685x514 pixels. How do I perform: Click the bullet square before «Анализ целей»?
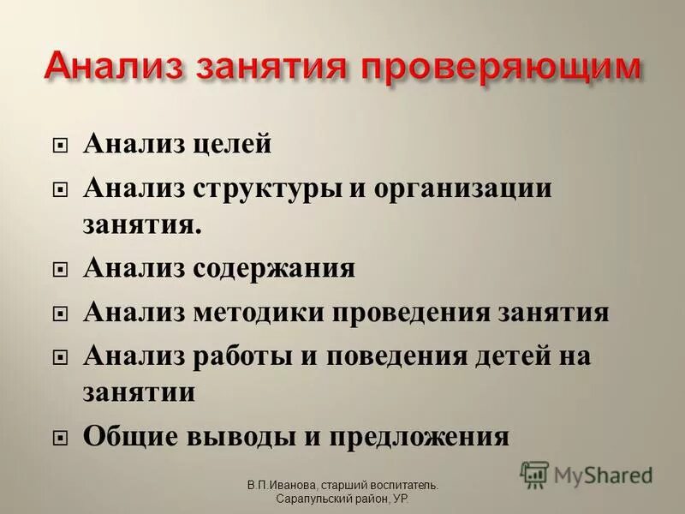coord(59,146)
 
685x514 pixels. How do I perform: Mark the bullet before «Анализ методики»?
coord(59,314)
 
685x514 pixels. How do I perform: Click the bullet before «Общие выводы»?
coord(59,438)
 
